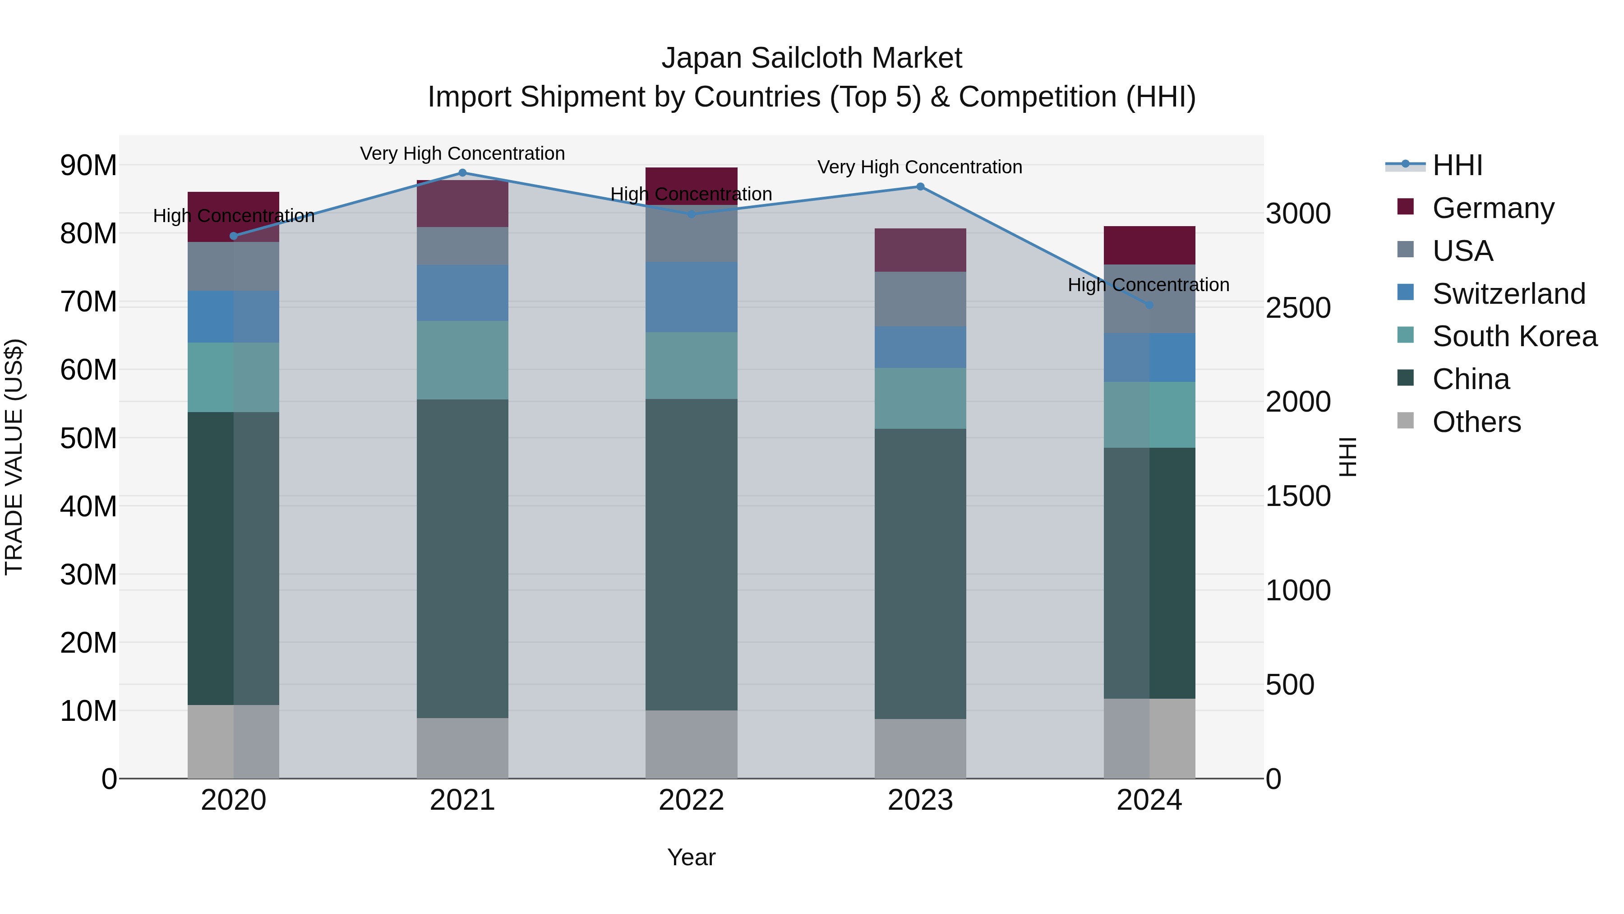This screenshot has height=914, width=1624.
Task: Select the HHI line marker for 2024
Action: [1149, 305]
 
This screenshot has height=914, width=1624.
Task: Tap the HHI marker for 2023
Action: [920, 187]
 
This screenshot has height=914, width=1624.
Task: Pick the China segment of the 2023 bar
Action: [920, 574]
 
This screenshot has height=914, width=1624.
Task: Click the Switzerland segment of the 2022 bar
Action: [691, 297]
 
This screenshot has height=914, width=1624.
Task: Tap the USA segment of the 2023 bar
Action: [920, 299]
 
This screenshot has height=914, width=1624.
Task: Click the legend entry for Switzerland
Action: [1508, 294]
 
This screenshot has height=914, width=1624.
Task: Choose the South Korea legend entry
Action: [1514, 336]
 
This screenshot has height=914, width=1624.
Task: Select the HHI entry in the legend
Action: [1458, 165]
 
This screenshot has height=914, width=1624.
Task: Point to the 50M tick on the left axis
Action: [88, 438]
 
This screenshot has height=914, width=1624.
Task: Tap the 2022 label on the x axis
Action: [691, 800]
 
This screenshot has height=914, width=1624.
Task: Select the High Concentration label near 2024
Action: [1148, 285]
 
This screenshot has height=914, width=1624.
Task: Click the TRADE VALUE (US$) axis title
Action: [14, 457]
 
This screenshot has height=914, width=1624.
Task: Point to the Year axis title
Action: [691, 857]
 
